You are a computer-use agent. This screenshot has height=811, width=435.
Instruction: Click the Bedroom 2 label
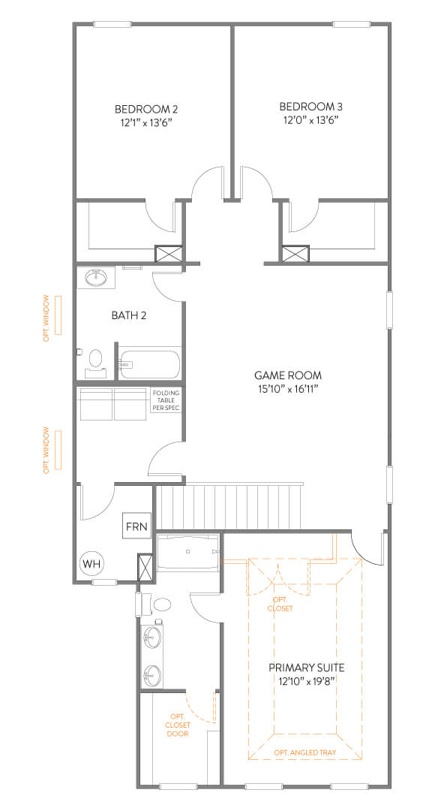click(146, 109)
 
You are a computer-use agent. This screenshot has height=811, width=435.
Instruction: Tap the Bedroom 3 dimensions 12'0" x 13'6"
click(311, 120)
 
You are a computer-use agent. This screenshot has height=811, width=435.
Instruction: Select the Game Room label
click(288, 375)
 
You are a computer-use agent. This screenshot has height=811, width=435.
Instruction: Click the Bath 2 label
click(129, 315)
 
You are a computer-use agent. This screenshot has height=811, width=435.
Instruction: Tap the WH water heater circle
click(91, 563)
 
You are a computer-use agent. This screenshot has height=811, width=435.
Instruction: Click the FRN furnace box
click(136, 526)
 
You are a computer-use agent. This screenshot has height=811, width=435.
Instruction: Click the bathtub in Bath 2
click(149, 364)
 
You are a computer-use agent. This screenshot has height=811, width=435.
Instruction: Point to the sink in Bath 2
click(97, 279)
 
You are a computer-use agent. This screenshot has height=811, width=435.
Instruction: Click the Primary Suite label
click(306, 668)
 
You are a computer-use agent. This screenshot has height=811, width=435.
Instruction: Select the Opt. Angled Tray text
click(304, 752)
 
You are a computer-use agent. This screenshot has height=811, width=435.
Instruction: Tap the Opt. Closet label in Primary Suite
click(280, 604)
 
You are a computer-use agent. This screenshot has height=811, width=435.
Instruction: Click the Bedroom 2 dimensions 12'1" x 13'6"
click(146, 123)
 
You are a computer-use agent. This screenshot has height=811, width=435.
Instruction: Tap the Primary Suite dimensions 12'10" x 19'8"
click(306, 681)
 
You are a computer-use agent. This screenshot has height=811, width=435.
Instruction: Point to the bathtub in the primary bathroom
click(188, 552)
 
